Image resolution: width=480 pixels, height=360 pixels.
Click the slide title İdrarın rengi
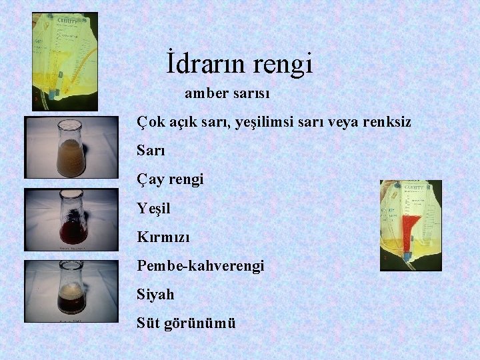coord(239,65)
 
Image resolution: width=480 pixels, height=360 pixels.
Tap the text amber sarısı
coord(227,94)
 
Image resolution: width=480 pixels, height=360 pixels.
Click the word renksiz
coord(387,123)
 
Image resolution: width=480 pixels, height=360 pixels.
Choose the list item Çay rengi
coord(170,180)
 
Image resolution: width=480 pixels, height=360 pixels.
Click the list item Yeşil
coord(154,209)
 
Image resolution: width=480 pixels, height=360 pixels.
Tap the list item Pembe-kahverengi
coord(201,266)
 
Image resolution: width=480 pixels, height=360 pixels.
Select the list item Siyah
coord(155,294)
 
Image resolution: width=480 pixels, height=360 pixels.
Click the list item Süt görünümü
coord(186,323)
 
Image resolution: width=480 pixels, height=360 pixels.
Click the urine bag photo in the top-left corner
coord(64,60)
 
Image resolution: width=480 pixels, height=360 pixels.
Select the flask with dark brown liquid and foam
coord(71,291)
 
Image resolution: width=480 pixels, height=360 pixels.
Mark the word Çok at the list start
coord(149,123)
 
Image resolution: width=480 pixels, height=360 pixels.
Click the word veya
coord(339,123)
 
